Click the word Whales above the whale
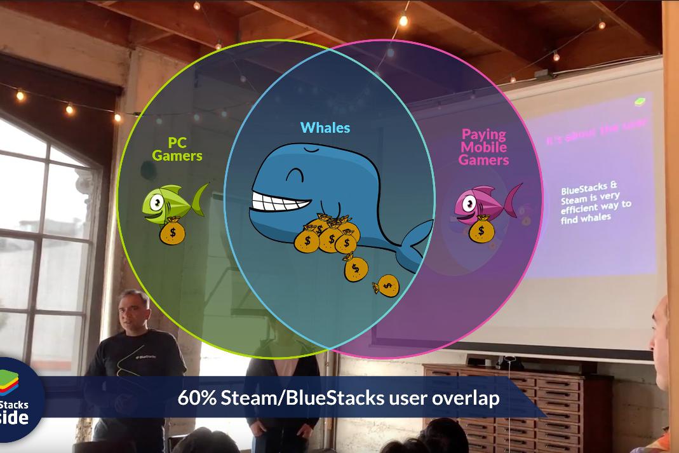pos(325,127)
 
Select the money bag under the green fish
pos(171,232)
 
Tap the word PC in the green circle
pos(177,142)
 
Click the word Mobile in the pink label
pos(483,147)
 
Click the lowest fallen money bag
pos(387,286)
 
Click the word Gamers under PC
pos(177,156)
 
